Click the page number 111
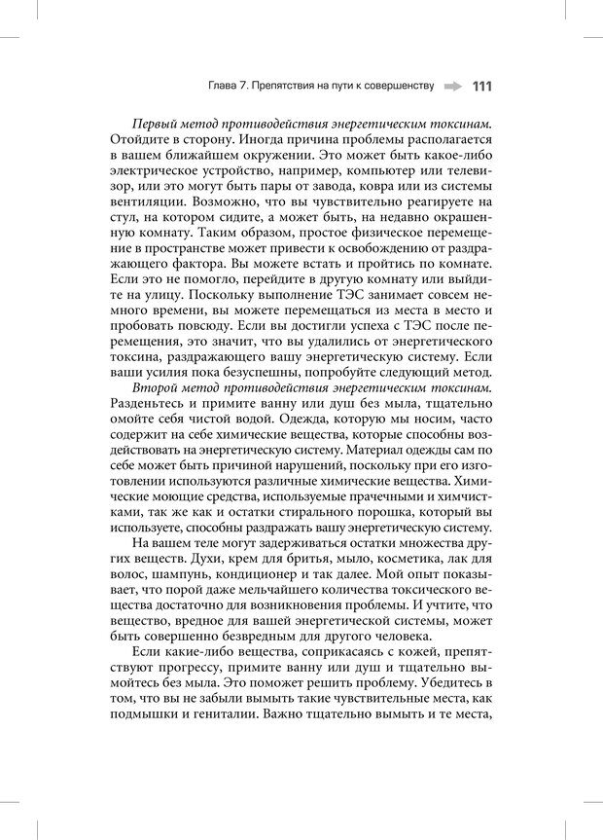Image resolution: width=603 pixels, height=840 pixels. coord(481,86)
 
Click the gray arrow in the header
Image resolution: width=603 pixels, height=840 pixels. coord(453,86)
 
